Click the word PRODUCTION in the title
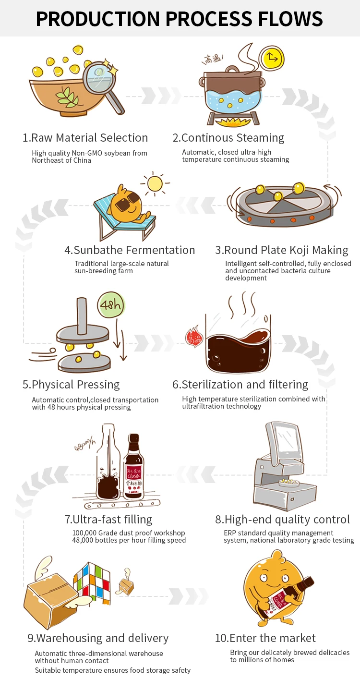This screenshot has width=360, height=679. coord(97,19)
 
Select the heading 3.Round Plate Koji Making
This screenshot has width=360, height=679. coord(282,250)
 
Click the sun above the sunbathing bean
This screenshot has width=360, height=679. coord(155,184)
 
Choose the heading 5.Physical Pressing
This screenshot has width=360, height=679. coord(71,385)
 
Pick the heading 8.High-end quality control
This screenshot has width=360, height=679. coord(282,520)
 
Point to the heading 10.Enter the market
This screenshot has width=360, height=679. coord(265,638)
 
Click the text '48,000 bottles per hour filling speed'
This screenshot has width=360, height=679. coord(129,540)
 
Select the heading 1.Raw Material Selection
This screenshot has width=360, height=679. coord(85,138)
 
